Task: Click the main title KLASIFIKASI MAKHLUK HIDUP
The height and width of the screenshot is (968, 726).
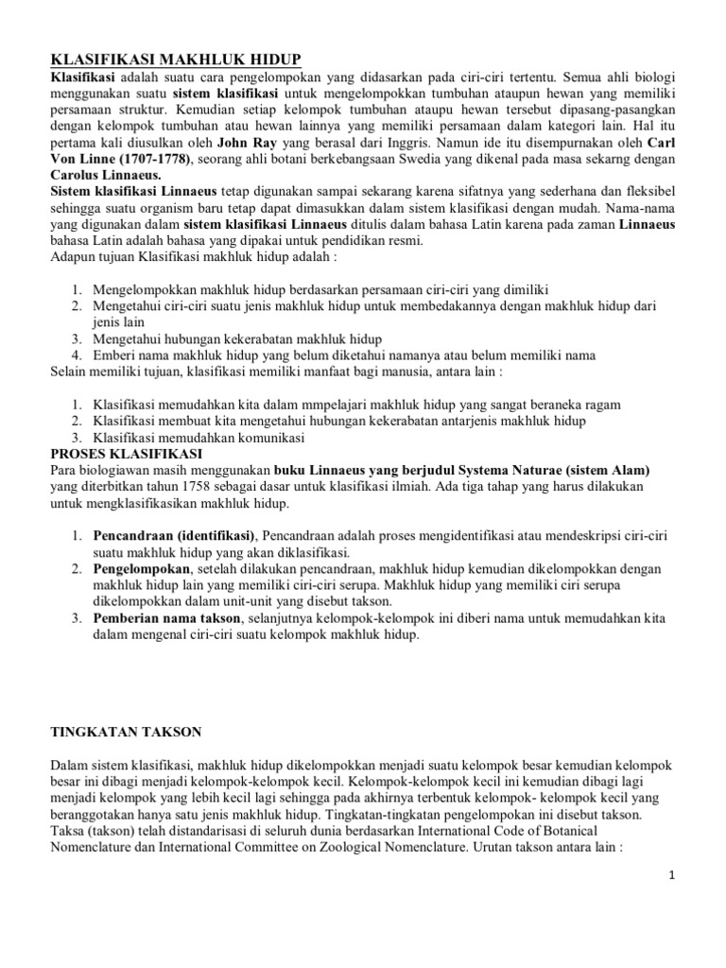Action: click(168, 58)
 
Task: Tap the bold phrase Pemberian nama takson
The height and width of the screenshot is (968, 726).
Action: click(166, 618)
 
